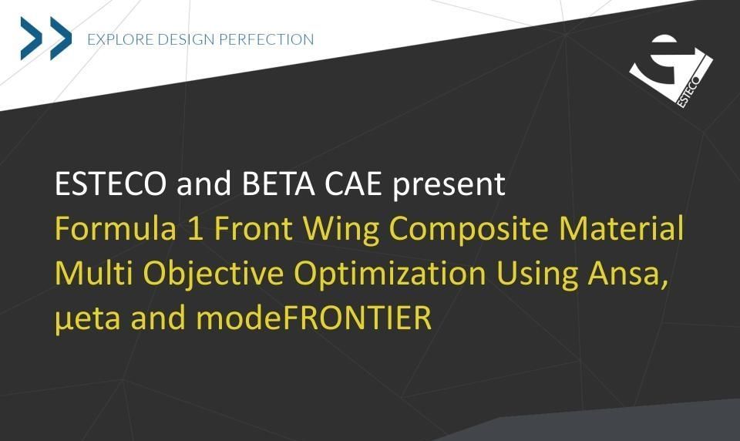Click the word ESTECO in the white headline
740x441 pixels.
pos(111,183)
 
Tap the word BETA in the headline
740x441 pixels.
pos(278,183)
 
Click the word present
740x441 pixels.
pos(449,186)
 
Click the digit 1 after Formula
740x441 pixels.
pos(196,228)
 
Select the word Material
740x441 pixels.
pos(621,228)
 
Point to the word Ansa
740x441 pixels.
pos(627,274)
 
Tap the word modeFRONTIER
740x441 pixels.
pos(314,318)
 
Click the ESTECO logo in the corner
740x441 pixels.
pos(671,71)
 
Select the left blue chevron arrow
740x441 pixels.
pos(31,39)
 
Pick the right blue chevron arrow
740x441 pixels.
pos(61,39)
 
